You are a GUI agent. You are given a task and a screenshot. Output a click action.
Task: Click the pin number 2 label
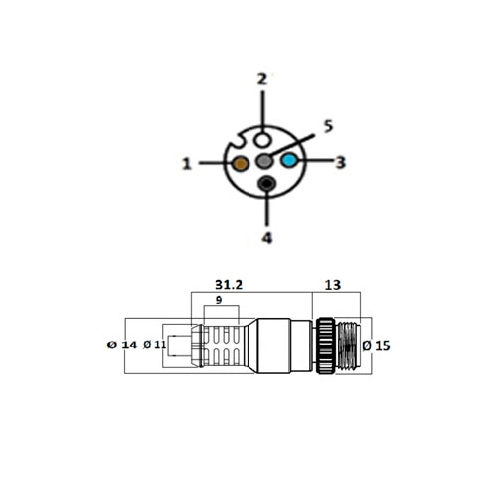(263, 79)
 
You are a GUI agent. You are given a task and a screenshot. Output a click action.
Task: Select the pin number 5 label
(328, 127)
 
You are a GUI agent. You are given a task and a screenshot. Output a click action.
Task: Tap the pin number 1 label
(186, 163)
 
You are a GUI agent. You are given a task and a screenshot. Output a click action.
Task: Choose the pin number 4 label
(266, 237)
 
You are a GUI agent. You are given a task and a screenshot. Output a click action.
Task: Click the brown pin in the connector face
(241, 162)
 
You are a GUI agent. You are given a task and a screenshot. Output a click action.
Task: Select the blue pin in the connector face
(289, 161)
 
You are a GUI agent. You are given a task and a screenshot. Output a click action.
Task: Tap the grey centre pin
(264, 161)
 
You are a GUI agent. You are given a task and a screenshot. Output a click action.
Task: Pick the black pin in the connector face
(266, 183)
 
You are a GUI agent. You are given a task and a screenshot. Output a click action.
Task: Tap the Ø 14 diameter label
(119, 345)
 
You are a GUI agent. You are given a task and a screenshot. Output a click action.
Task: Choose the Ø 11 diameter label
(156, 345)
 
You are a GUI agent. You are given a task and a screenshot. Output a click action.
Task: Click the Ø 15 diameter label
(379, 345)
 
